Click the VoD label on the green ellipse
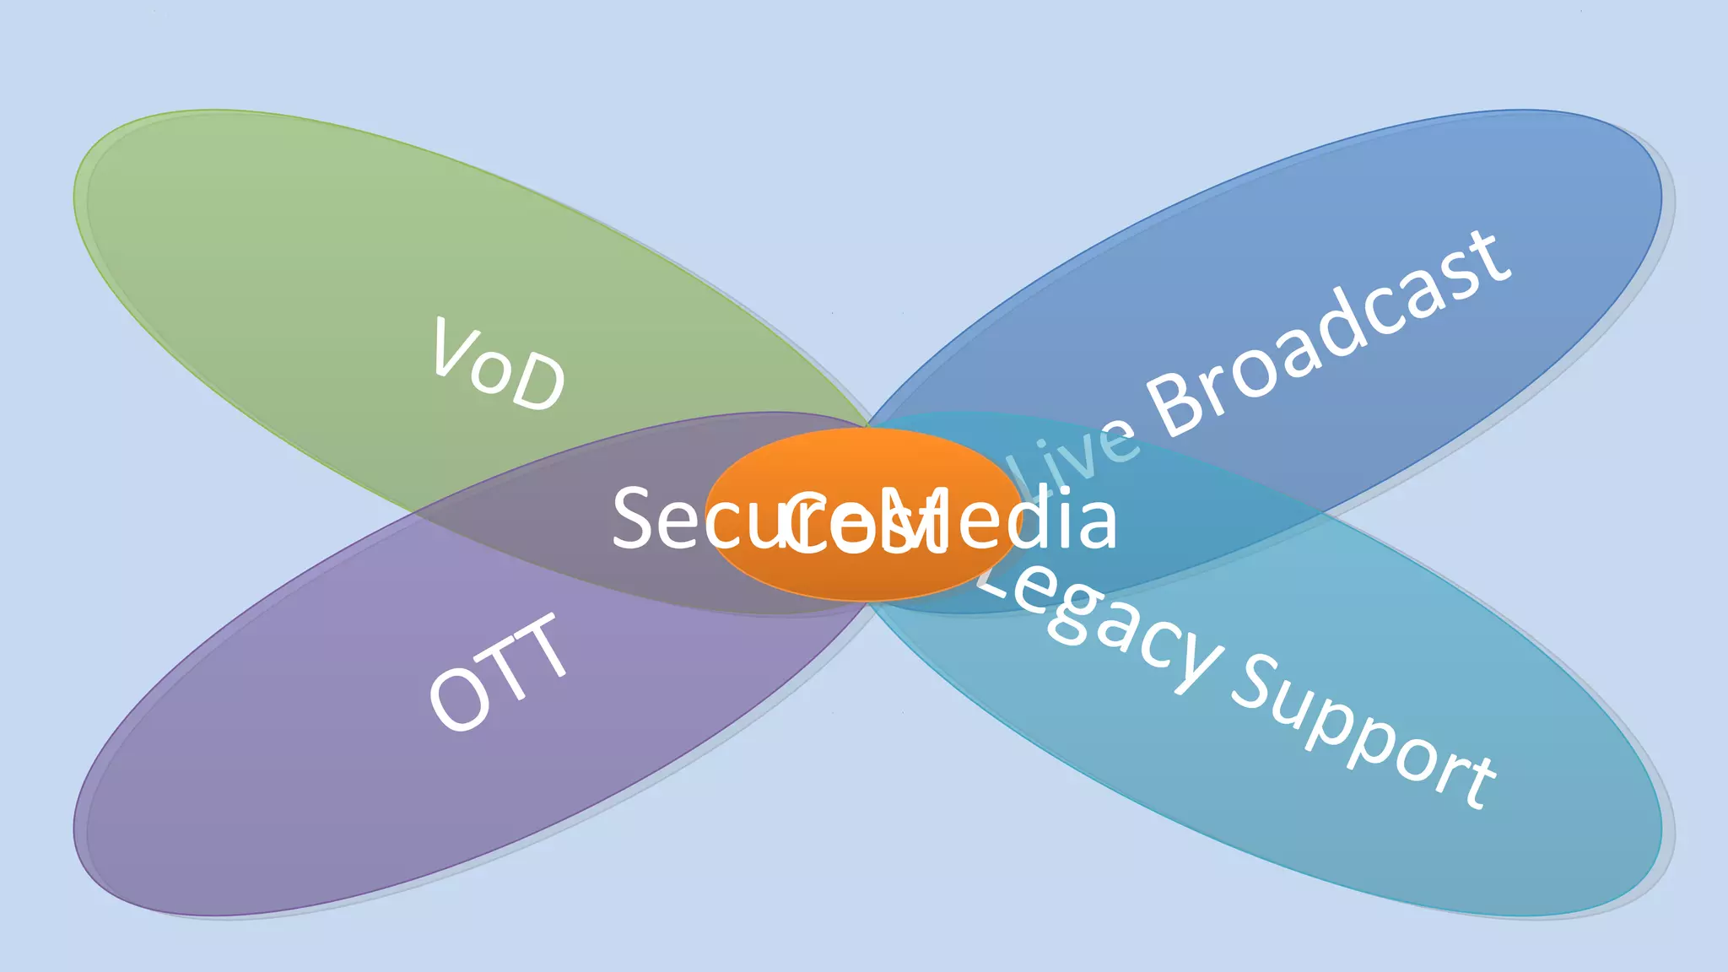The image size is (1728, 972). tap(498, 365)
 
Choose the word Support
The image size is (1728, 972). tap(1363, 731)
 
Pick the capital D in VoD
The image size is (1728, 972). tap(540, 384)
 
